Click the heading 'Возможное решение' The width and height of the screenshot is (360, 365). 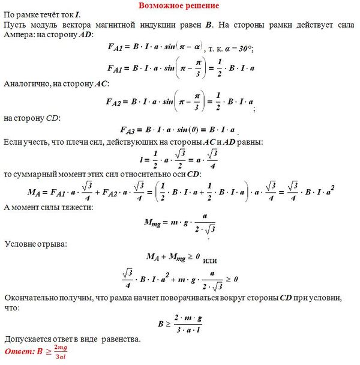[x=179, y=5]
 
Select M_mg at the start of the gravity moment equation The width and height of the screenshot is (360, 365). [x=155, y=222]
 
